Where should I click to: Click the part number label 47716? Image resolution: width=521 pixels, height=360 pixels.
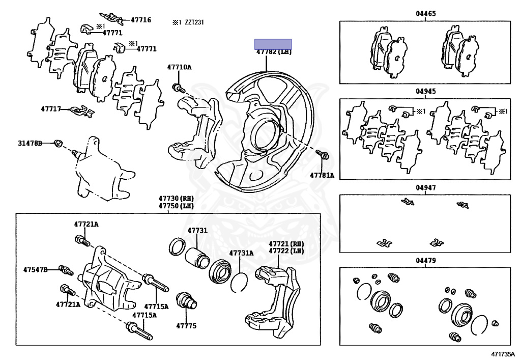pyautogui.click(x=141, y=20)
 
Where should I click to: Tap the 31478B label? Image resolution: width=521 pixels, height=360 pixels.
pyautogui.click(x=30, y=143)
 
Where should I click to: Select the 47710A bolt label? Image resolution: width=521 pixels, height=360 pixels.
pyautogui.click(x=180, y=67)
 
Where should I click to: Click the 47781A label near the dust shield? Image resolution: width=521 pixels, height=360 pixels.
pyautogui.click(x=322, y=175)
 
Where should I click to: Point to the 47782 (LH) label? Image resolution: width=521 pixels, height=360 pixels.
pyautogui.click(x=274, y=52)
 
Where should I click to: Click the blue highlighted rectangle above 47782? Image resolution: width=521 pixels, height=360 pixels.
pyautogui.click(x=273, y=44)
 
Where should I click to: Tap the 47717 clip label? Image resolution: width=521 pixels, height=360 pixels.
pyautogui.click(x=51, y=108)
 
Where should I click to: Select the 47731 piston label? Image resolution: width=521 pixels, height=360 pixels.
pyautogui.click(x=197, y=230)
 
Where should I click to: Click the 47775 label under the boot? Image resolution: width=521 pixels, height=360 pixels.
pyautogui.click(x=186, y=326)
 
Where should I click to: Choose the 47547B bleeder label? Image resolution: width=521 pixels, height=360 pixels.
pyautogui.click(x=36, y=269)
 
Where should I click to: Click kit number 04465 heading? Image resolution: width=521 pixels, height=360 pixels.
pyautogui.click(x=426, y=14)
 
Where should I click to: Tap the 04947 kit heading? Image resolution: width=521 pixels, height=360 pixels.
pyautogui.click(x=426, y=188)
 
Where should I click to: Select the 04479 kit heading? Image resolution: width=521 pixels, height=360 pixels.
pyautogui.click(x=426, y=261)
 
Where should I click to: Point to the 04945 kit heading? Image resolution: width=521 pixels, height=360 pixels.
pyautogui.click(x=426, y=91)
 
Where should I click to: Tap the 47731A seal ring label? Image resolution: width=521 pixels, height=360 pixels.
pyautogui.click(x=241, y=253)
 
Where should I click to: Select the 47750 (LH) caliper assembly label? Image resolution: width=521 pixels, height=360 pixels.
pyautogui.click(x=176, y=206)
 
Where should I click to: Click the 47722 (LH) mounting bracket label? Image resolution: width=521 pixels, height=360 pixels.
pyautogui.click(x=286, y=251)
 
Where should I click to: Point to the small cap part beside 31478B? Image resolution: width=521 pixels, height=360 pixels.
pyautogui.click(x=59, y=143)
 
